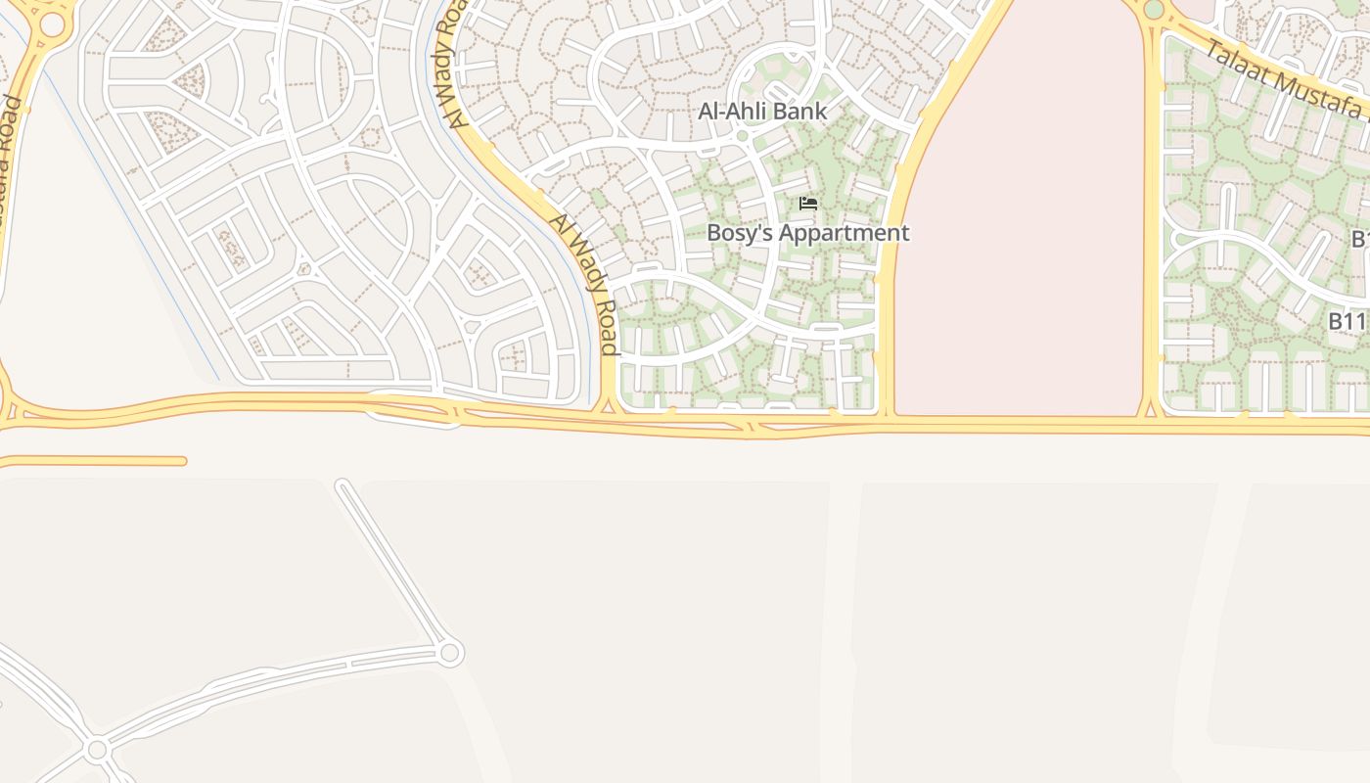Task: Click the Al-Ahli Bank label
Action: tap(762, 112)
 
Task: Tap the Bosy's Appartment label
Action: tap(807, 233)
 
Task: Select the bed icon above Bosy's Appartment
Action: tap(808, 204)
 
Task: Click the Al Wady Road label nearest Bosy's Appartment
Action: tap(584, 284)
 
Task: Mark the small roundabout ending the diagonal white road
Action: tap(449, 653)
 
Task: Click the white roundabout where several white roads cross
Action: tap(97, 751)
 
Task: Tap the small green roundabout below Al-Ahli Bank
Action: tap(743, 136)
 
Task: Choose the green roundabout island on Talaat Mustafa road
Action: tap(1154, 9)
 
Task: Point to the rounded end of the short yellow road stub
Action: tap(182, 461)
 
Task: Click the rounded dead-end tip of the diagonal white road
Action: tap(342, 484)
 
